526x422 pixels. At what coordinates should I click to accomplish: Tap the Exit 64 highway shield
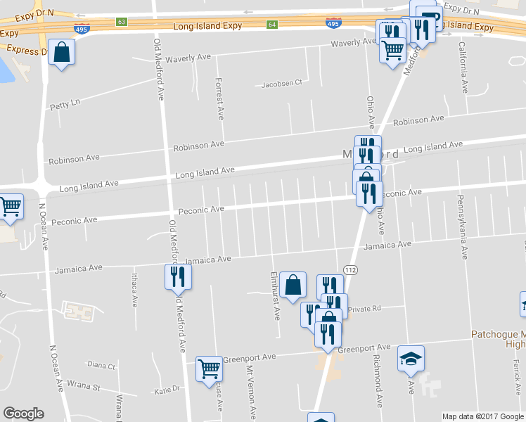(x=272, y=25)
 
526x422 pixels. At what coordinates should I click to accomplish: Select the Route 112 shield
(x=350, y=269)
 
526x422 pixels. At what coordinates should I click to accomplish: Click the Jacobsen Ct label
(x=281, y=83)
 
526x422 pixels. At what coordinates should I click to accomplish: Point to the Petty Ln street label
(x=65, y=104)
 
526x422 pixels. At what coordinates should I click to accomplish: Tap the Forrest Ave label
(x=220, y=98)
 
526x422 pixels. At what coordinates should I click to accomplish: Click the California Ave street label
(x=463, y=68)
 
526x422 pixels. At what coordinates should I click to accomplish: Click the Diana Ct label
(x=101, y=365)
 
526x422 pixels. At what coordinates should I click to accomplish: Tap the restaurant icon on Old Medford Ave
(x=177, y=276)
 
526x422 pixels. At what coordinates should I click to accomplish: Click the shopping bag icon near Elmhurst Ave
(x=293, y=285)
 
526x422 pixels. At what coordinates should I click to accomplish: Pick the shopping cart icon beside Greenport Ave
(x=209, y=367)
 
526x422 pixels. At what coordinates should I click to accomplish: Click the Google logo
(x=23, y=414)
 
